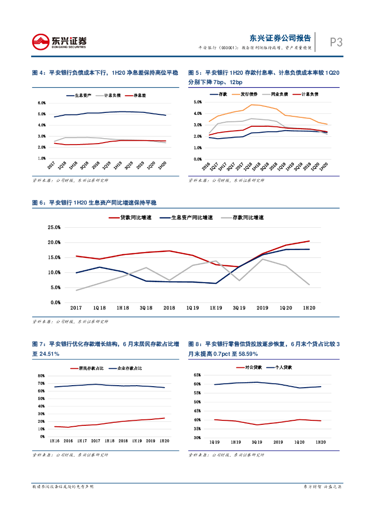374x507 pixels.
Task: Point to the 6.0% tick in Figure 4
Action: pos(42,103)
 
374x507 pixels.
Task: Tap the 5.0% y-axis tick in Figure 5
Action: pos(198,102)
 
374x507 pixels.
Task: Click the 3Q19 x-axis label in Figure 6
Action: pos(239,308)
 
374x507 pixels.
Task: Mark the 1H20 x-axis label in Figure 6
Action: pos(309,308)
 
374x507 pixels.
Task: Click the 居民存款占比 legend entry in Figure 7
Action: pos(82,368)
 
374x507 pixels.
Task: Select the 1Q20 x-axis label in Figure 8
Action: pos(300,442)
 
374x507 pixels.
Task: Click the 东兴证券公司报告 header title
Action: pos(280,38)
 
